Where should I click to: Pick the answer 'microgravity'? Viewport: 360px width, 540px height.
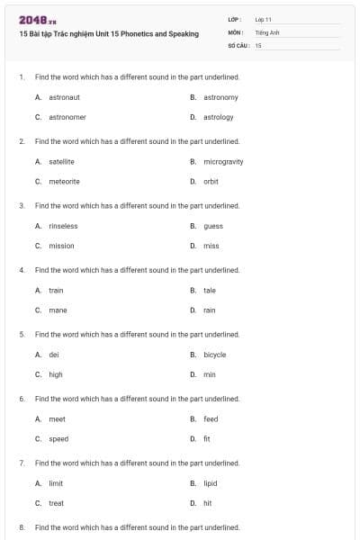[223, 162]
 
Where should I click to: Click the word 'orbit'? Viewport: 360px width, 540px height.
[211, 181]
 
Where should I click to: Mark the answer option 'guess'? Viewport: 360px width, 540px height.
[213, 226]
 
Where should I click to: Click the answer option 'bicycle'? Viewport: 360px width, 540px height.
[215, 355]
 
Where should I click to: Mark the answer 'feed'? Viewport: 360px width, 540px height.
[211, 419]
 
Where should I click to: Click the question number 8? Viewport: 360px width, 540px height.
[22, 526]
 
